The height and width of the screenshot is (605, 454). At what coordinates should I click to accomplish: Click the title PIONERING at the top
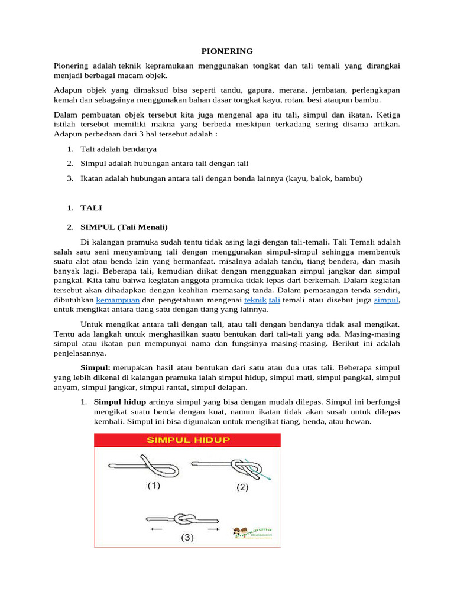[227, 51]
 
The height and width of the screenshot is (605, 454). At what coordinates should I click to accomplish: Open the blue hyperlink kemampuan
[118, 300]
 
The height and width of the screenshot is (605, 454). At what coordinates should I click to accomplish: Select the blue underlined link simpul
[387, 300]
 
